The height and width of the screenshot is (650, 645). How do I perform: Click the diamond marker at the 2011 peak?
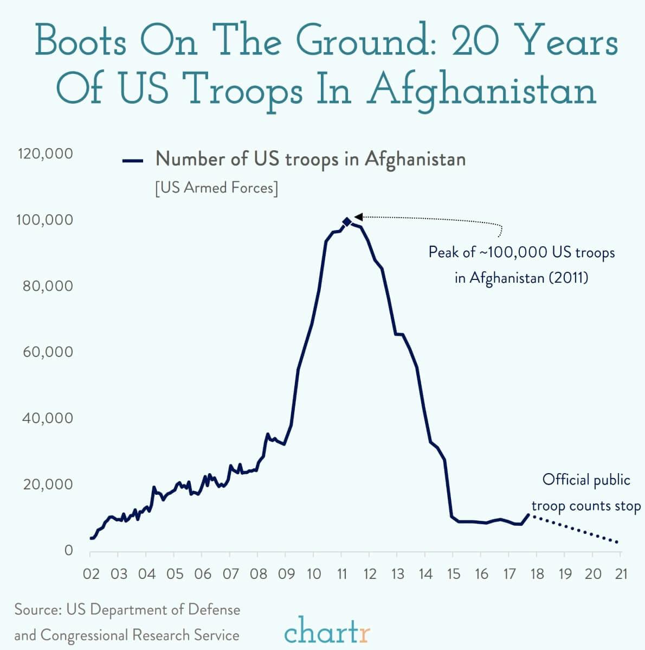pos(347,221)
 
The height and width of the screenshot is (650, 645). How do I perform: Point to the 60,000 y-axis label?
pos(48,352)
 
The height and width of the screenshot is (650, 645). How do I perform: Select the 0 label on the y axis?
pos(68,551)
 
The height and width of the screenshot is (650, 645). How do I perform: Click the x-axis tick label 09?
pos(286,574)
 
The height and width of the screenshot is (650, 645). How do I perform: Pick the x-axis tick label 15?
pos(453,574)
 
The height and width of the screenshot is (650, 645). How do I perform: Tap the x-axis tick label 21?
pos(621,574)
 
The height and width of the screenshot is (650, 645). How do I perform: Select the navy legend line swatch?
pos(133,161)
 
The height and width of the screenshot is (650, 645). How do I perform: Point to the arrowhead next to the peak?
pos(358,217)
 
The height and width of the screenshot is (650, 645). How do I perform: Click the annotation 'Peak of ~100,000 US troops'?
pos(521,252)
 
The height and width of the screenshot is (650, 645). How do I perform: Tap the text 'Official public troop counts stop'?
pos(586,493)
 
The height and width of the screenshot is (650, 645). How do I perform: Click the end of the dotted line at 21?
pos(617,541)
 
